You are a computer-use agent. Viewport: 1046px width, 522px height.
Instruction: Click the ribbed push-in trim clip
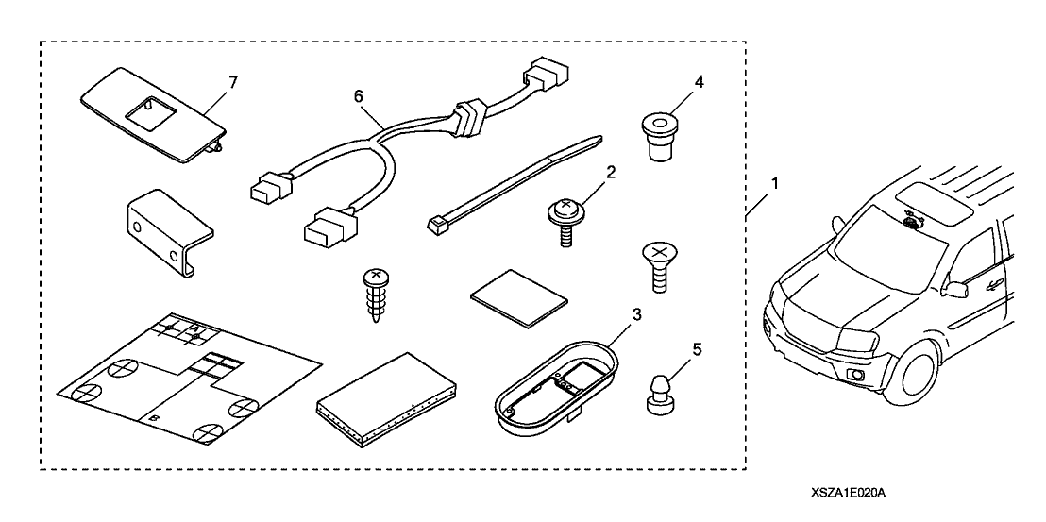click(375, 292)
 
